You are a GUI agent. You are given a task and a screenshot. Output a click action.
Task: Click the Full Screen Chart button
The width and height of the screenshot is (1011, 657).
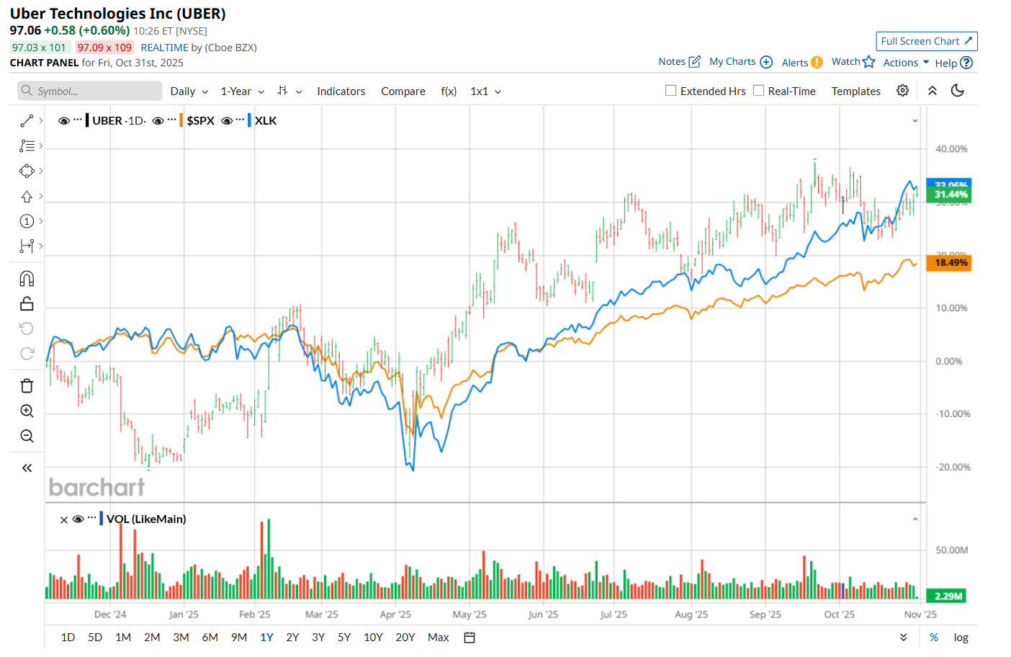926,41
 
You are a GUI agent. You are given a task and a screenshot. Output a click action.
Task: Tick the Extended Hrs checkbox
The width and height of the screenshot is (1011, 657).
671,91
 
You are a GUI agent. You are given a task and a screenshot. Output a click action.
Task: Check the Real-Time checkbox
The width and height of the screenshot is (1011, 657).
758,91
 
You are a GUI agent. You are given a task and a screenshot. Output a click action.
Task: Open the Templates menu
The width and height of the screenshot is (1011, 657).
855,91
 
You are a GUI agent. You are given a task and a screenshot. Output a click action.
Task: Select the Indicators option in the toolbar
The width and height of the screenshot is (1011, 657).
341,91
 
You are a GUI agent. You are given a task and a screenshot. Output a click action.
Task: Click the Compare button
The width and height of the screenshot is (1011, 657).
403,91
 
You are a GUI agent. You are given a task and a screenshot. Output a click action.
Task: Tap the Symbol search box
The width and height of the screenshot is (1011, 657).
90,91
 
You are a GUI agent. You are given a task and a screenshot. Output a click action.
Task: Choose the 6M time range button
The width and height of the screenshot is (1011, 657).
210,638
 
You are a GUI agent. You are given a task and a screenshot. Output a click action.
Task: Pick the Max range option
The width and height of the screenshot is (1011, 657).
438,638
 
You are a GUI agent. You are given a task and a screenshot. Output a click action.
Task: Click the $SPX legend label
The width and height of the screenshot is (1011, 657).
200,121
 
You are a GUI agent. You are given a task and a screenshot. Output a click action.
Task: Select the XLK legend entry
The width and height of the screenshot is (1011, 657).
266,121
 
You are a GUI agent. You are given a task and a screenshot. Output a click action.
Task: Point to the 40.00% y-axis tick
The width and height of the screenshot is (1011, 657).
951,149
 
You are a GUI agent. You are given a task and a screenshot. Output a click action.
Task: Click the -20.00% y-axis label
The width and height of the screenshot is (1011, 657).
952,468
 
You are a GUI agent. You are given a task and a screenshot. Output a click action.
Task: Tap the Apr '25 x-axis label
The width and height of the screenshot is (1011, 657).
395,614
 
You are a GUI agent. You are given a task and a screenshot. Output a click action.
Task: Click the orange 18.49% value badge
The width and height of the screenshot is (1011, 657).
951,263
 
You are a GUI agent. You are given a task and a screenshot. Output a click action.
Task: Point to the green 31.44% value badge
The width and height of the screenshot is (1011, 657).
951,195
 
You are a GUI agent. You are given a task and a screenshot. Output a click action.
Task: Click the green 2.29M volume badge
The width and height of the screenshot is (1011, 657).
948,596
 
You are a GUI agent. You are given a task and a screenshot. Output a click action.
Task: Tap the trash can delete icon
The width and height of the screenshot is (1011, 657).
27,386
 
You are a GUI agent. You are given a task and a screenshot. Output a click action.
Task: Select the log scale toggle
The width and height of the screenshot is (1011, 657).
961,638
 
